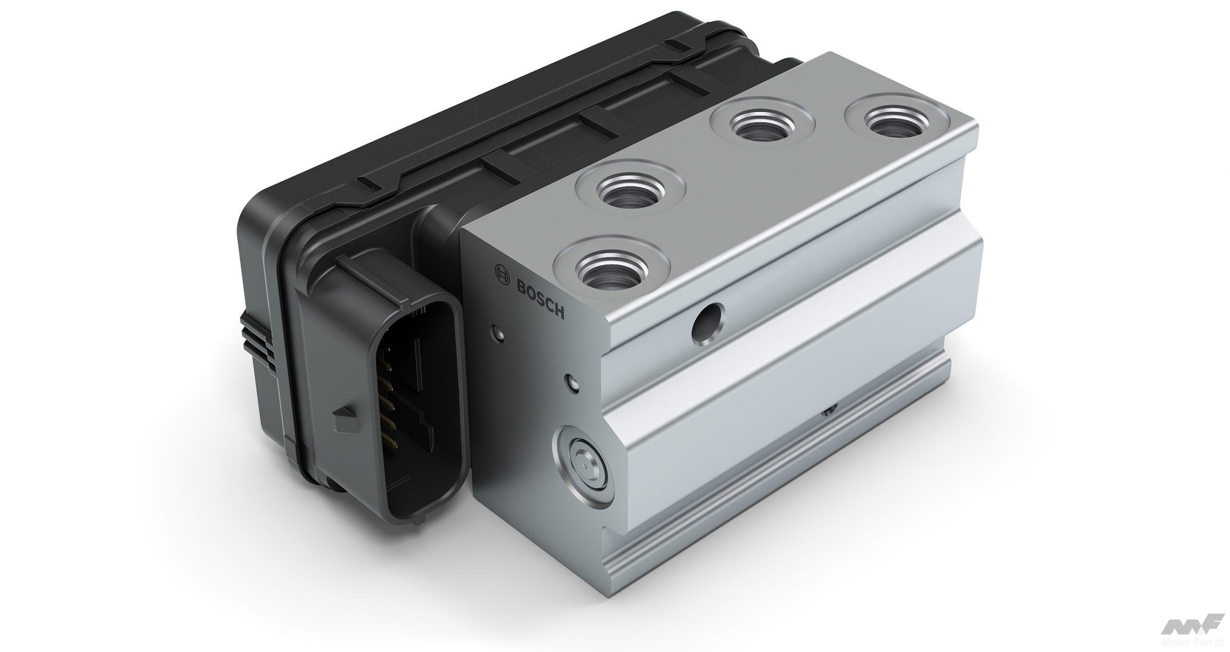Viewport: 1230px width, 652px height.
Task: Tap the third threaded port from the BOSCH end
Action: (762, 127)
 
